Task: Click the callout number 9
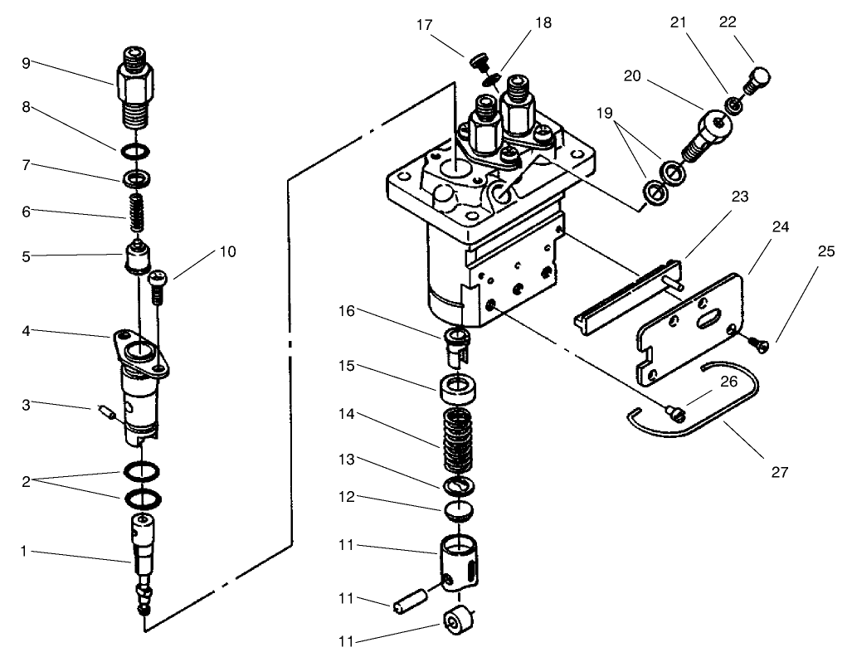[27, 62]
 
